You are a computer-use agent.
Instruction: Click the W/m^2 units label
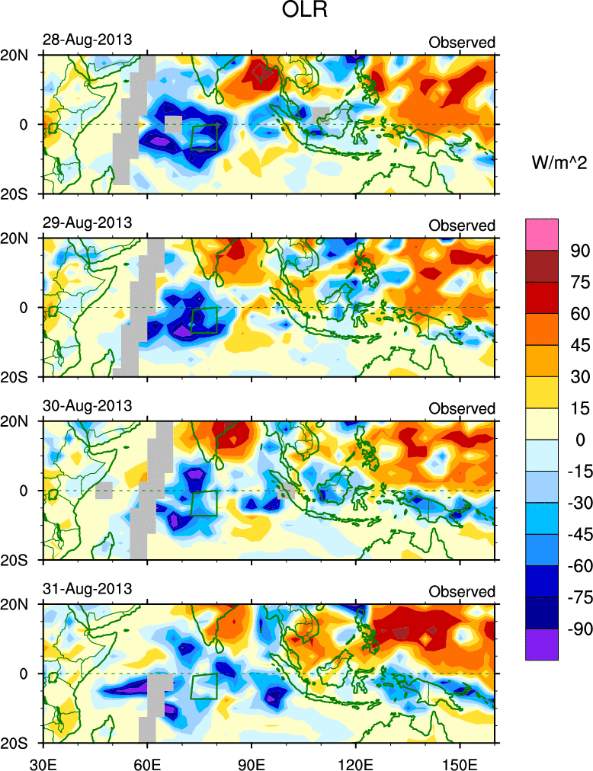pos(559,161)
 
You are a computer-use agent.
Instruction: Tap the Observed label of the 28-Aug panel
pos(462,43)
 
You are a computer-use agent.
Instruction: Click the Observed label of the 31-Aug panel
pos(462,591)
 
